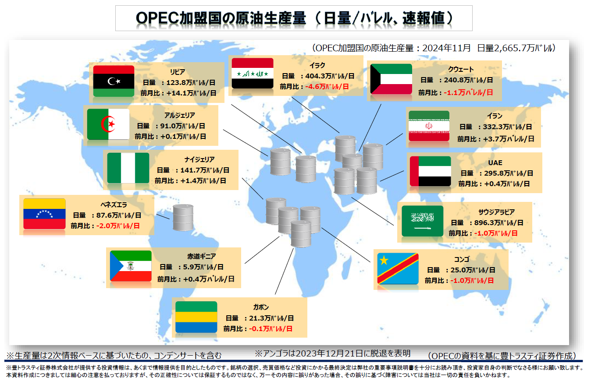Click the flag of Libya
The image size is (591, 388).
click(x=114, y=81)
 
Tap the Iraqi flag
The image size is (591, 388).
click(x=253, y=73)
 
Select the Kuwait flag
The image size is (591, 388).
click(x=391, y=79)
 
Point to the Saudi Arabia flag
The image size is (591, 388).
click(x=422, y=221)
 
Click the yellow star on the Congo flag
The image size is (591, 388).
click(x=384, y=261)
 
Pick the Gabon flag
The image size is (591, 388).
click(x=196, y=317)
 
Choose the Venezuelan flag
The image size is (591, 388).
click(x=44, y=214)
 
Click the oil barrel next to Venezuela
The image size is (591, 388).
click(x=183, y=218)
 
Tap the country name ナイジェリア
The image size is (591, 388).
click(x=199, y=159)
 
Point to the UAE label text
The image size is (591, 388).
click(x=495, y=162)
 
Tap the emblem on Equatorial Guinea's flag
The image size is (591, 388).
click(x=131, y=266)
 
